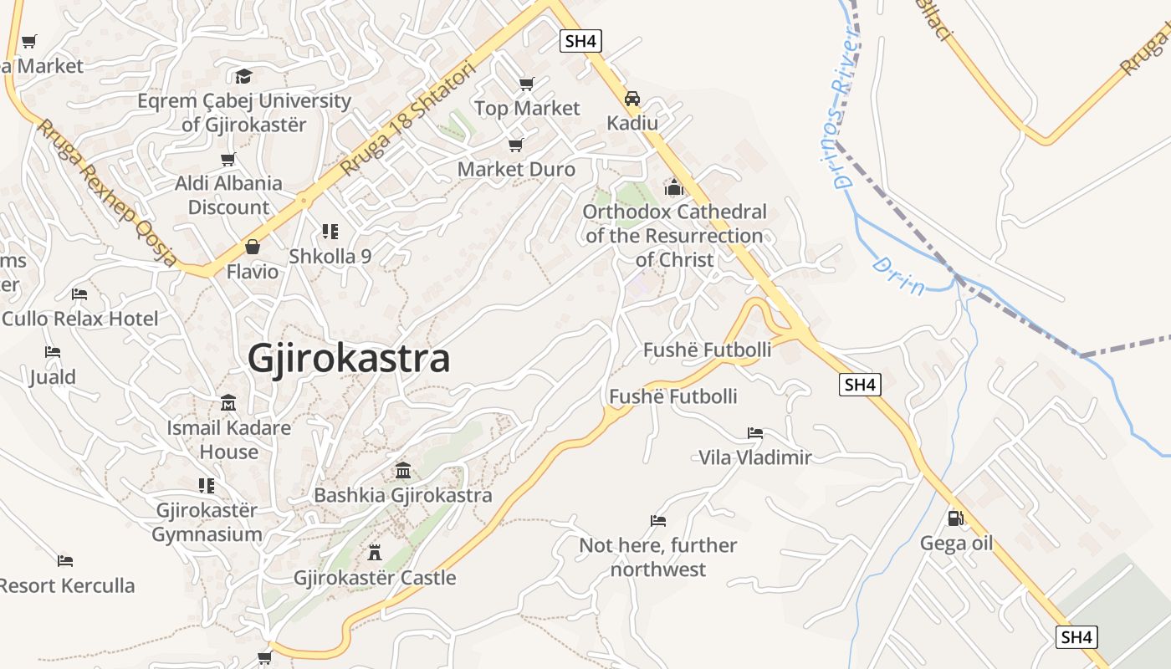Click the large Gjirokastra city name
pyautogui.click(x=349, y=359)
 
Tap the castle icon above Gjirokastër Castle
pyautogui.click(x=374, y=552)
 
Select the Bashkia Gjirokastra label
pyautogui.click(x=403, y=495)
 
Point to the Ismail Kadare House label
pyautogui.click(x=228, y=440)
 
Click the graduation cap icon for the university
pyautogui.click(x=243, y=76)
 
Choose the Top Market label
pyautogui.click(x=527, y=108)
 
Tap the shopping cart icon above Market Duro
pyautogui.click(x=516, y=145)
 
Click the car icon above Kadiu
pyautogui.click(x=632, y=99)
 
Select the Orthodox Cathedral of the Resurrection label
pyautogui.click(x=674, y=236)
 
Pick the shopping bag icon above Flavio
pyautogui.click(x=252, y=247)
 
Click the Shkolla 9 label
pyautogui.click(x=330, y=256)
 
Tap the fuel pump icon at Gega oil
pyautogui.click(x=955, y=518)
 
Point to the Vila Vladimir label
pyautogui.click(x=755, y=457)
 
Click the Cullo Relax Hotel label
pyautogui.click(x=80, y=319)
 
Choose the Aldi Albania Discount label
pyautogui.click(x=228, y=195)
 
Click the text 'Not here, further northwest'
pyautogui.click(x=658, y=557)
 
